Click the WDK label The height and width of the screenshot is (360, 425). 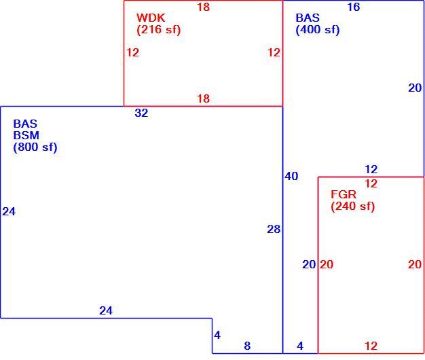coord(151,18)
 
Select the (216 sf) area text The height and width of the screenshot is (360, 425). coord(159,30)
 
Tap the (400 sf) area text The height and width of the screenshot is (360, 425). coord(318,30)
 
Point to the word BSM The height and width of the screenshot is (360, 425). coord(26,135)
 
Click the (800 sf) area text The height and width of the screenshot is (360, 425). coord(35,147)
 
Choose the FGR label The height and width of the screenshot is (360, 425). coord(343,194)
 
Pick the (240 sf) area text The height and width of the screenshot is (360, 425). coord(352,206)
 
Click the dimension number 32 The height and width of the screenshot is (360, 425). coord(141,113)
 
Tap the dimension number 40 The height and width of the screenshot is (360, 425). coord(291,176)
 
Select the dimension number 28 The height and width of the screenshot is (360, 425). coord(274,230)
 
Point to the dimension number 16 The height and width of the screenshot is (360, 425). coord(354,7)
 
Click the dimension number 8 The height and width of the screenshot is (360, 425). coord(247,346)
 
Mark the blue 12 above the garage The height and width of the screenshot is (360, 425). coord(371,169)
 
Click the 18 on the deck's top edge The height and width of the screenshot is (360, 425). coord(203,7)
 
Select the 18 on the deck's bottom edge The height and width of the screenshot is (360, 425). coord(203,98)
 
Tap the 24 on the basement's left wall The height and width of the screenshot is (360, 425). coord(9,211)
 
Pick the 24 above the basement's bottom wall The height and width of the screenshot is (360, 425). coord(106,310)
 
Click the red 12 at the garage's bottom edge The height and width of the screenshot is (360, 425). coord(371,346)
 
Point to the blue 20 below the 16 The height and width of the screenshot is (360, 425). coord(415,88)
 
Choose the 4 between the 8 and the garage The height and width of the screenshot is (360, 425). coord(300,346)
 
